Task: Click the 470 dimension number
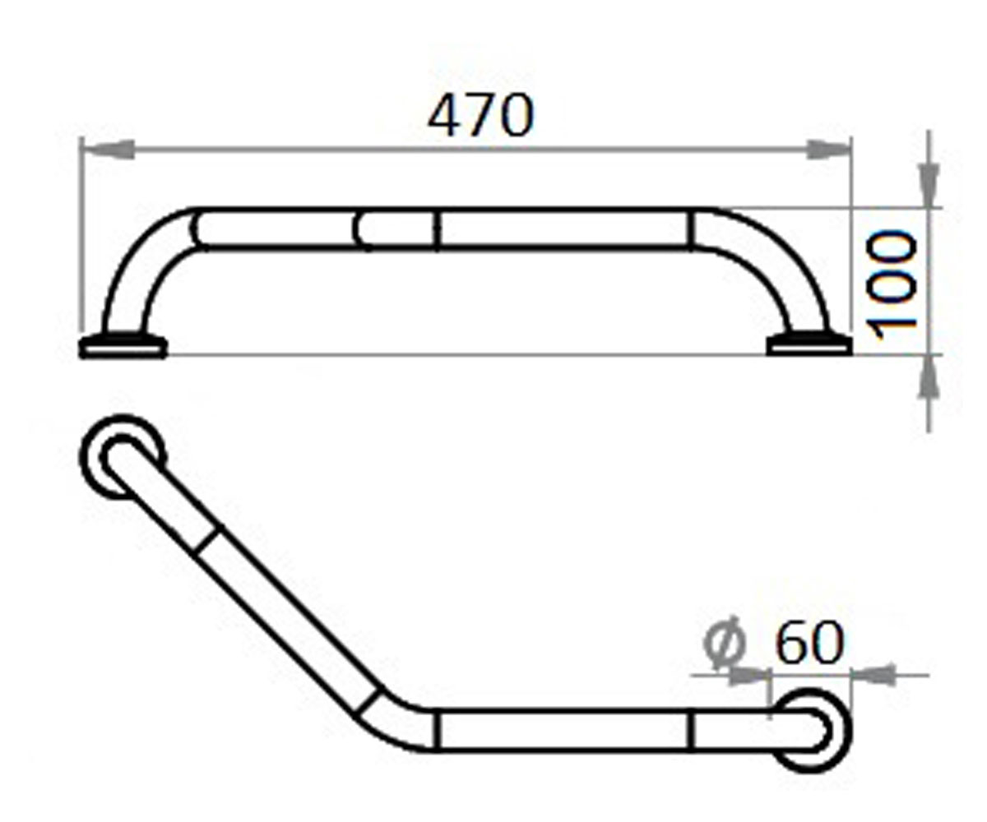coord(480,116)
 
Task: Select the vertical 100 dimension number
coord(891,285)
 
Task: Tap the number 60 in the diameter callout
coord(809,643)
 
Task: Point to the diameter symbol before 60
coord(725,644)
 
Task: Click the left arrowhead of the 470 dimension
coord(109,150)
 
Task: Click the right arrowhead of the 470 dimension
coord(828,150)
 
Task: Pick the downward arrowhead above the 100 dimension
coord(929,185)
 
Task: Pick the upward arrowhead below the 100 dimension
coord(929,377)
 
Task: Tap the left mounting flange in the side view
coord(123,346)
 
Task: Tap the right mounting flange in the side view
coord(809,344)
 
